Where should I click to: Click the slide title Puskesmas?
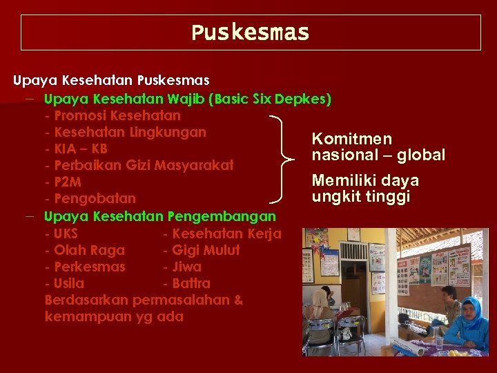click(250, 32)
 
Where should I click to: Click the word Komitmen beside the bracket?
click(351, 139)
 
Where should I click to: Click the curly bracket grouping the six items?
click(284, 158)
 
